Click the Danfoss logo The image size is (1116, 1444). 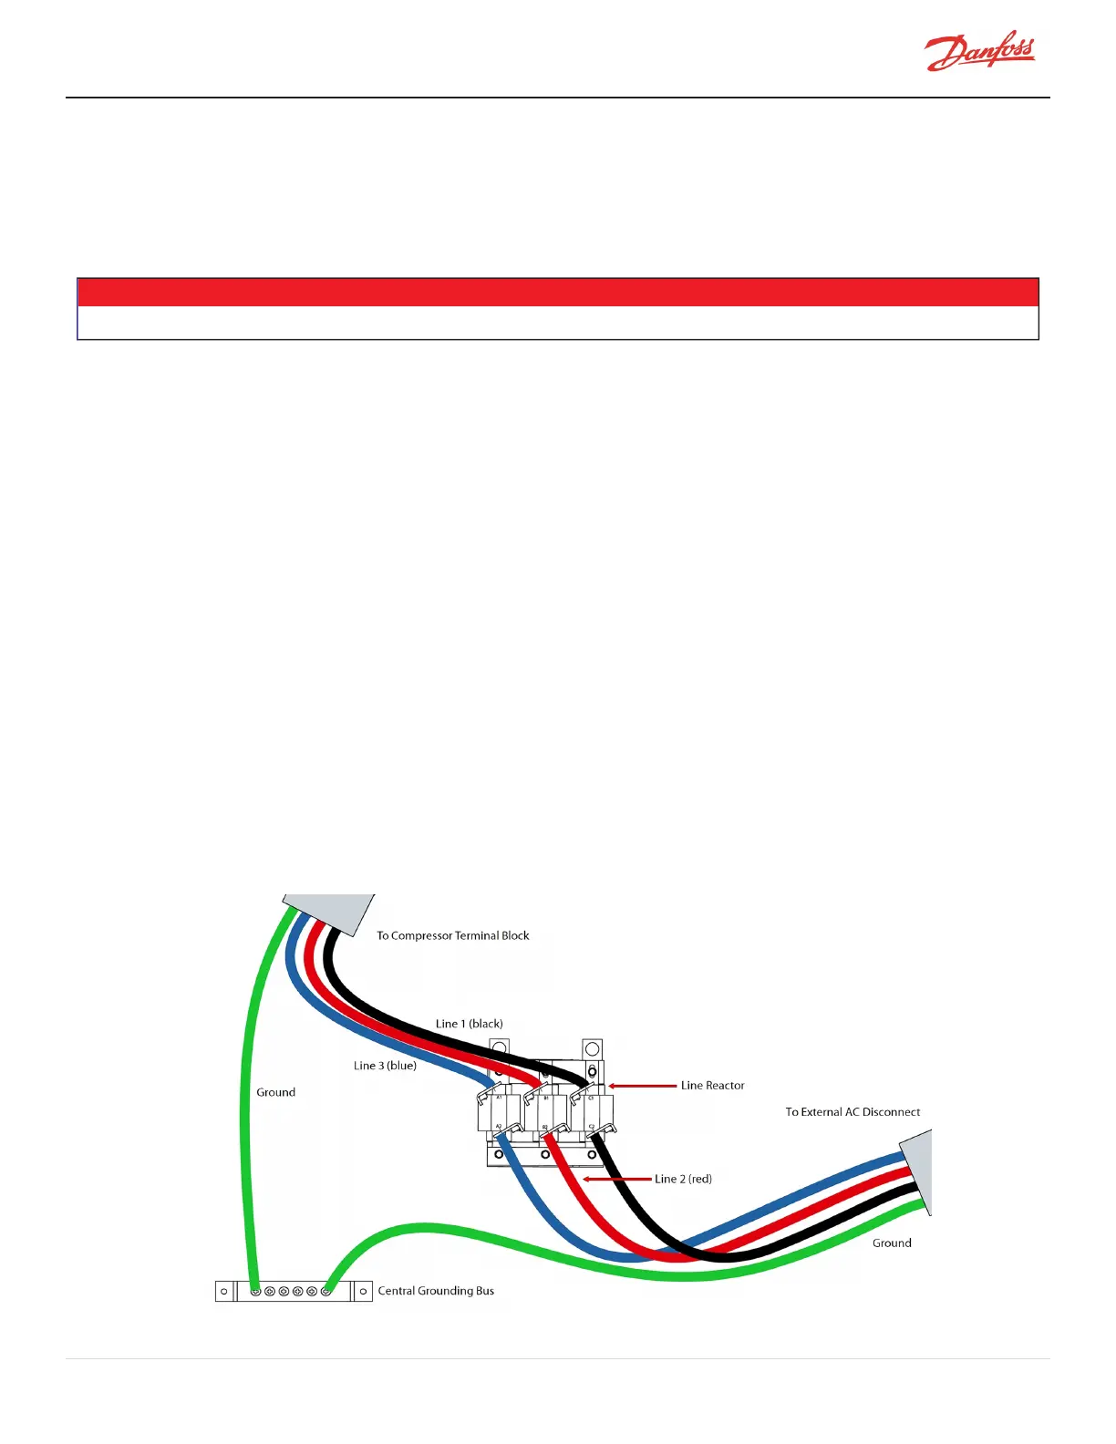980,53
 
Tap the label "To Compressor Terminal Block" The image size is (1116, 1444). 452,935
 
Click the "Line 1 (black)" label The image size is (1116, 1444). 469,1024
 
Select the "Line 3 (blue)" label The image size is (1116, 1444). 385,1066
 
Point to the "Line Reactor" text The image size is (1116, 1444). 712,1086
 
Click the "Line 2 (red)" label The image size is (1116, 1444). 683,1179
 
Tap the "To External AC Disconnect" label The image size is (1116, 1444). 852,1112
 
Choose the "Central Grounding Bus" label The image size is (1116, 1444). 436,1291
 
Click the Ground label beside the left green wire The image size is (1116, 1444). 275,1092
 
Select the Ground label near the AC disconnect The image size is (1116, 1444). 891,1243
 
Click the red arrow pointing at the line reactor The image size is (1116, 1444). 643,1086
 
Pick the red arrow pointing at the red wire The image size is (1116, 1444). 617,1179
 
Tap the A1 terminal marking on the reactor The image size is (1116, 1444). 499,1098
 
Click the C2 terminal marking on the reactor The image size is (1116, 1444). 592,1128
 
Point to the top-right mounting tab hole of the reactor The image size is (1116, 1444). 592,1049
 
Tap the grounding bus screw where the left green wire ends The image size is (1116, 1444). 256,1292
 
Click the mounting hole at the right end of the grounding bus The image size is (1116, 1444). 363,1292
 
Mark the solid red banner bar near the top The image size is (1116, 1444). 557,293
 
